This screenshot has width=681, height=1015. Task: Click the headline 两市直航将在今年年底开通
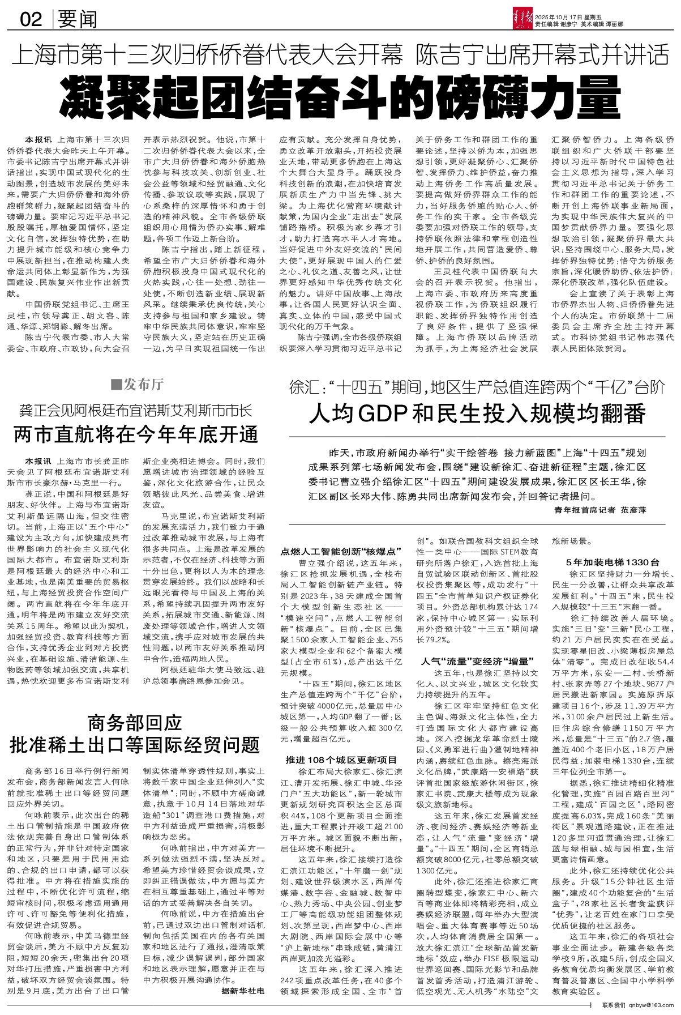136,434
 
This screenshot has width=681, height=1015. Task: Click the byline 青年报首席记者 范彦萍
600,510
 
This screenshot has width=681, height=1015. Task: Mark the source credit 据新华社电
243,992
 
